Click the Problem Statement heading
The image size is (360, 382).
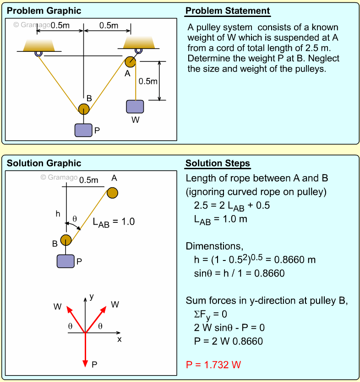tap(228, 11)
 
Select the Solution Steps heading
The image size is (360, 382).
tap(218, 163)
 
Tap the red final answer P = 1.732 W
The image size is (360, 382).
tap(213, 365)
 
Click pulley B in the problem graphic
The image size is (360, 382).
tap(83, 109)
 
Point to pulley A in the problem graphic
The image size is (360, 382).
tap(130, 61)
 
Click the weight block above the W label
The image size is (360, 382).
tap(135, 106)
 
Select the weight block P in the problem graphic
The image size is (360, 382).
tap(83, 130)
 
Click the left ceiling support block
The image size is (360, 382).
tap(39, 44)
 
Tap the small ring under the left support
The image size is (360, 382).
tap(38, 54)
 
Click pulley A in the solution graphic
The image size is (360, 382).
tap(112, 193)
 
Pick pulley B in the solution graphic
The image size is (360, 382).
tap(66, 240)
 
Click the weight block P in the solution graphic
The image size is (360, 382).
tap(65, 261)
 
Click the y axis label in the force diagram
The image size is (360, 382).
tap(92, 297)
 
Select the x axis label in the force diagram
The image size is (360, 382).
tap(119, 339)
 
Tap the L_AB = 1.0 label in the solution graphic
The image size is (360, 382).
tap(114, 222)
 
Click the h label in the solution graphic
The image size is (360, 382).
tap(58, 213)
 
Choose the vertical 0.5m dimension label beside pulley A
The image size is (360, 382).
tap(148, 81)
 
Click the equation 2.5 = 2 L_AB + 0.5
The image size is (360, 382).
tap(232, 205)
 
